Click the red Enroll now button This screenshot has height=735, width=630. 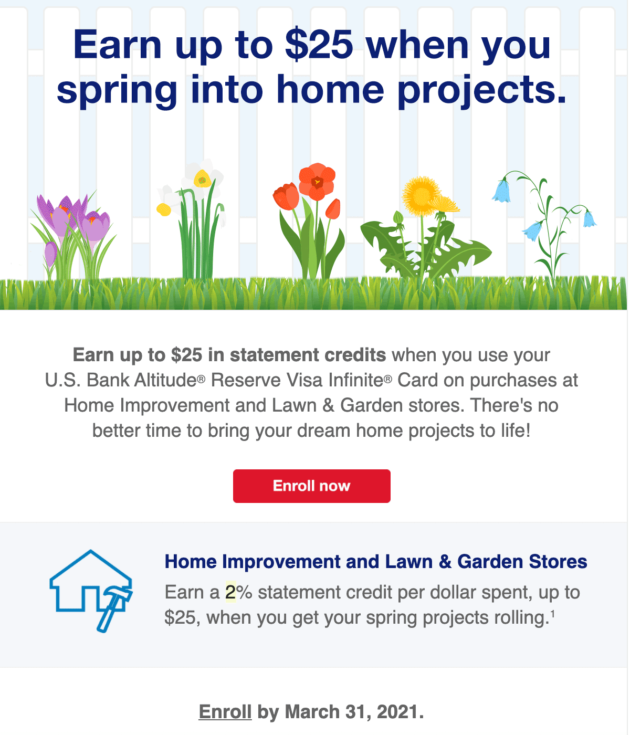coord(311,486)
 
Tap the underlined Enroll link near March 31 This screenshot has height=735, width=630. coord(225,711)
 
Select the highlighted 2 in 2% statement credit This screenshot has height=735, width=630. coord(230,592)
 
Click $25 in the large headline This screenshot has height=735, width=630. coord(319,45)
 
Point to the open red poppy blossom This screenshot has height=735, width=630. coord(317,182)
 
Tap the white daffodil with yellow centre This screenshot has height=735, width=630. coord(202,178)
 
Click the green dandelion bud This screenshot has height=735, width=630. coord(398,217)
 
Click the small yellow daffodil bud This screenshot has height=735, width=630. coord(164,209)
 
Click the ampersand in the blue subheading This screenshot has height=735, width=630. coord(445,562)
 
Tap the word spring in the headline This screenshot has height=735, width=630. coord(117,90)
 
